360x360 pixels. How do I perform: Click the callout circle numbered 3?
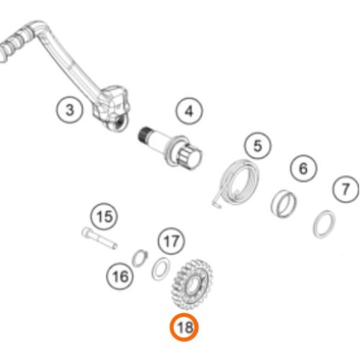coord(70,110)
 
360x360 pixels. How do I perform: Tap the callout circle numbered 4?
coord(189,111)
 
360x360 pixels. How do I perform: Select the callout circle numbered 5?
coord(258,145)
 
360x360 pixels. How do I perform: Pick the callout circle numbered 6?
coord(303,168)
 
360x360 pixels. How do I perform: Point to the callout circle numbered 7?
coord(346,189)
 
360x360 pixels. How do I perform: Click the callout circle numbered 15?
coord(104,217)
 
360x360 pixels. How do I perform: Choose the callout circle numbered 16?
coord(120,276)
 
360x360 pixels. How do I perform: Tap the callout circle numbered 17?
coord(171,241)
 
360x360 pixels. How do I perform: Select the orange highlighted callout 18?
coord(184,327)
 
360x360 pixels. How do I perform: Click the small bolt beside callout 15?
coord(99,238)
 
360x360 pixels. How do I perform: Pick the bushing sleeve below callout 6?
coord(284,204)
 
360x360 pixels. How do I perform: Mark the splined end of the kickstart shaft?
coord(145,135)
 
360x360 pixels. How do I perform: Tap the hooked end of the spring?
coord(217,204)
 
